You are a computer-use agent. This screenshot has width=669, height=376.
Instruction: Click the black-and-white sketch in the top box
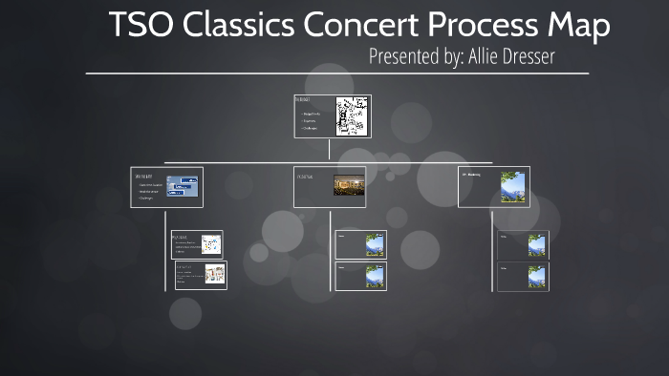(x=351, y=115)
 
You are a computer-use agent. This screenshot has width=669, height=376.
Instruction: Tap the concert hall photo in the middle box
(x=349, y=185)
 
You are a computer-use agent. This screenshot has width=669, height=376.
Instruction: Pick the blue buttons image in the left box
(x=183, y=186)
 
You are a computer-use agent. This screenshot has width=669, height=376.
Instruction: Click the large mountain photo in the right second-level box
(x=513, y=186)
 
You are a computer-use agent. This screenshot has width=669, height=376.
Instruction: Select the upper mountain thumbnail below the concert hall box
(x=375, y=245)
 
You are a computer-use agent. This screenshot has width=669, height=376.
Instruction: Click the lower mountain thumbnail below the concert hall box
(x=375, y=276)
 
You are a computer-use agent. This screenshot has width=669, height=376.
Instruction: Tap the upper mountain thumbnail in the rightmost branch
(x=537, y=245)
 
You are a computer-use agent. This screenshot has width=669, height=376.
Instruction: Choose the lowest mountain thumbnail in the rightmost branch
(x=537, y=277)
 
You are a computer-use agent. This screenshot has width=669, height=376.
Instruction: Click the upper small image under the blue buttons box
(x=211, y=245)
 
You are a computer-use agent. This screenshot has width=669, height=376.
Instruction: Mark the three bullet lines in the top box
(x=312, y=120)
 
